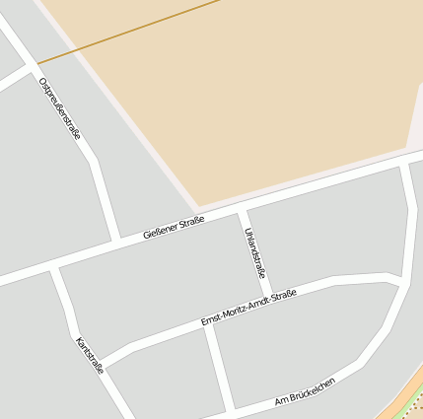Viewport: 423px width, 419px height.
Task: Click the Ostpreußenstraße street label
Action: click(59, 107)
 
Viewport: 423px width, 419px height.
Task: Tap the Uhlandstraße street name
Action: click(253, 251)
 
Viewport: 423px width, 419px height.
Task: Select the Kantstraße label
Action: click(89, 355)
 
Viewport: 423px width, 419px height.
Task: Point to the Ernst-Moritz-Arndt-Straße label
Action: click(248, 309)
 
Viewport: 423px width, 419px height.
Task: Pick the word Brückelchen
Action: click(313, 388)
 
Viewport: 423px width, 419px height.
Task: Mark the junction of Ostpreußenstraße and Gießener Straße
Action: click(116, 240)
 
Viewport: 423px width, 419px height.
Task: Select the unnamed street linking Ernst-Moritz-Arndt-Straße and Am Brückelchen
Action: click(218, 365)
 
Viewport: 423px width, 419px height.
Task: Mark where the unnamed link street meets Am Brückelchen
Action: click(230, 407)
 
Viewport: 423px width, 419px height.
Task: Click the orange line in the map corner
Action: click(403, 408)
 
